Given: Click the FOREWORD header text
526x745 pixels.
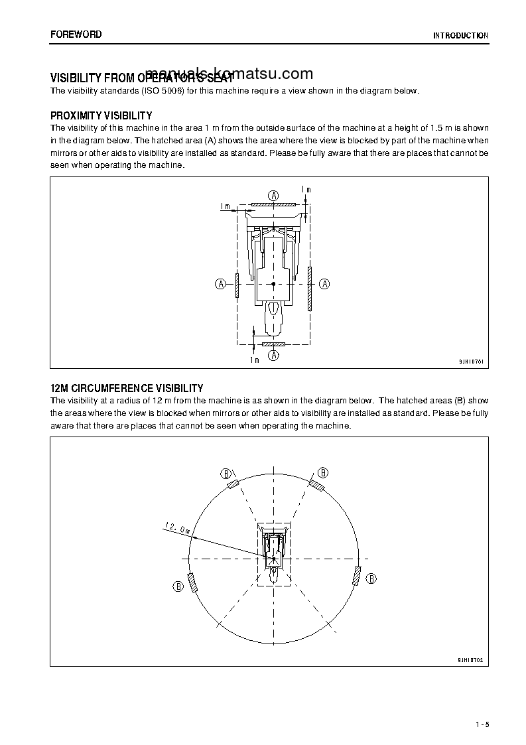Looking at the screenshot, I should (76, 34).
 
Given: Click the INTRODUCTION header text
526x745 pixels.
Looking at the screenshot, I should (460, 36).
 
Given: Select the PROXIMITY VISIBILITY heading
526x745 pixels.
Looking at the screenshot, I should (101, 115).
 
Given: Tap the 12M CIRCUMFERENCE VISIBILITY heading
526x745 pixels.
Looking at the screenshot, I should (127, 388).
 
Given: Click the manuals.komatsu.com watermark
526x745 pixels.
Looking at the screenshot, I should (229, 74).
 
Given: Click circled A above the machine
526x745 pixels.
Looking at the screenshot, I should (273, 194).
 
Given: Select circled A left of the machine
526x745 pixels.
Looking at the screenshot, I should (221, 283).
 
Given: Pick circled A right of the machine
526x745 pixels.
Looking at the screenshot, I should (325, 283).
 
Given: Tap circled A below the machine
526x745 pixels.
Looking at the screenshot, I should (273, 356).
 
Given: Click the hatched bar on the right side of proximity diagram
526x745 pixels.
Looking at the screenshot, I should (310, 289).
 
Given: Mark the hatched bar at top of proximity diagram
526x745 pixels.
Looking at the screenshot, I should (273, 205).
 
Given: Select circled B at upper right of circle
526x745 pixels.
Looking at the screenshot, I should (322, 472).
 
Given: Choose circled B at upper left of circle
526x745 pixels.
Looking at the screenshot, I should (226, 473).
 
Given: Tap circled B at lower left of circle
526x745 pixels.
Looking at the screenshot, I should (178, 586).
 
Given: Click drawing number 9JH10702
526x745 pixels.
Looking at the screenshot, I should (470, 660).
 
